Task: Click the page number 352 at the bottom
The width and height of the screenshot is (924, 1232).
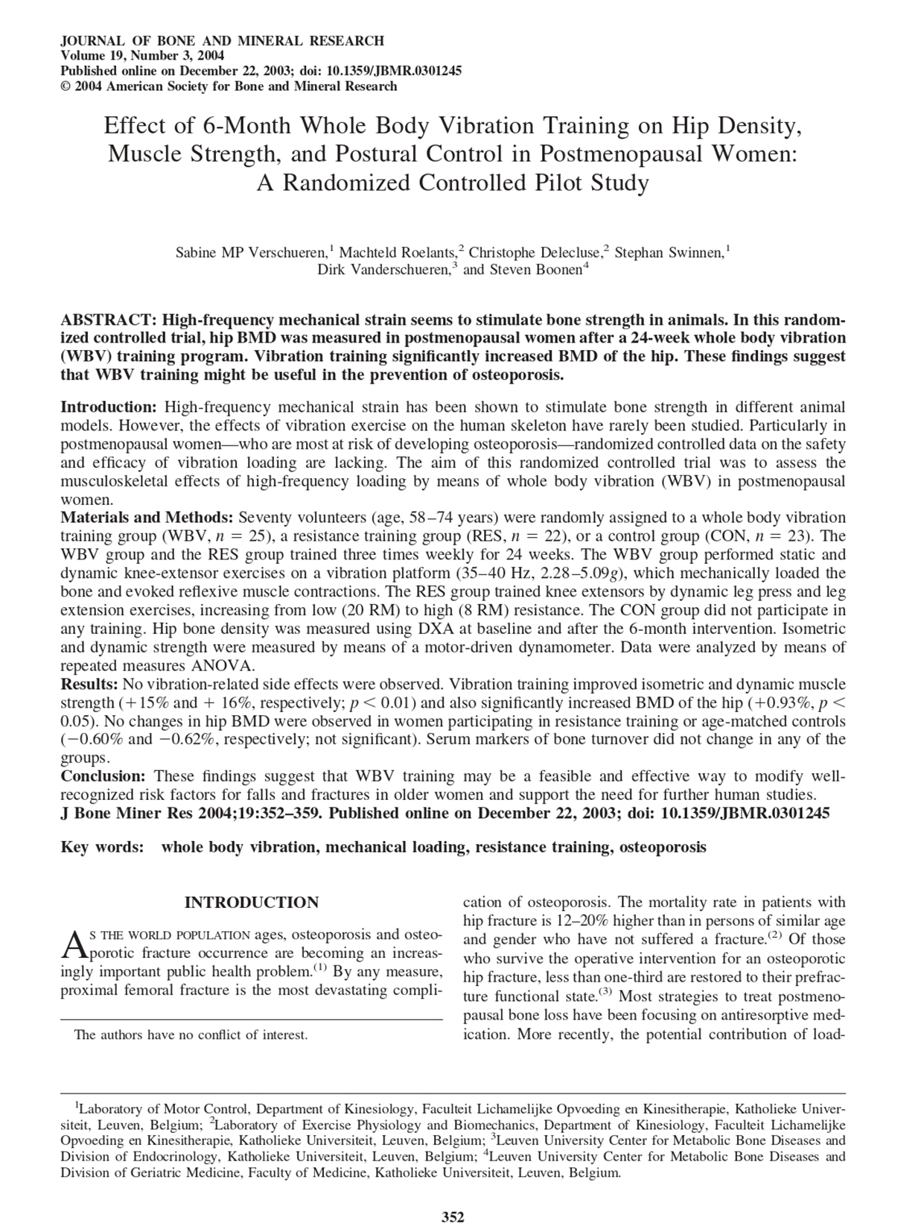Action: (453, 1218)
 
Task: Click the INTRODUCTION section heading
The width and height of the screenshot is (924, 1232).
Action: (251, 903)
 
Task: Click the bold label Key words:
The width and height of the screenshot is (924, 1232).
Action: (102, 847)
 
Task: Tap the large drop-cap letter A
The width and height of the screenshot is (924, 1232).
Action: (73, 944)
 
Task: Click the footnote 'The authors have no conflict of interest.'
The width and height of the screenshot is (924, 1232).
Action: (191, 1035)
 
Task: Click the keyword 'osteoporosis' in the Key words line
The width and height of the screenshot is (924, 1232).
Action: (663, 847)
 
